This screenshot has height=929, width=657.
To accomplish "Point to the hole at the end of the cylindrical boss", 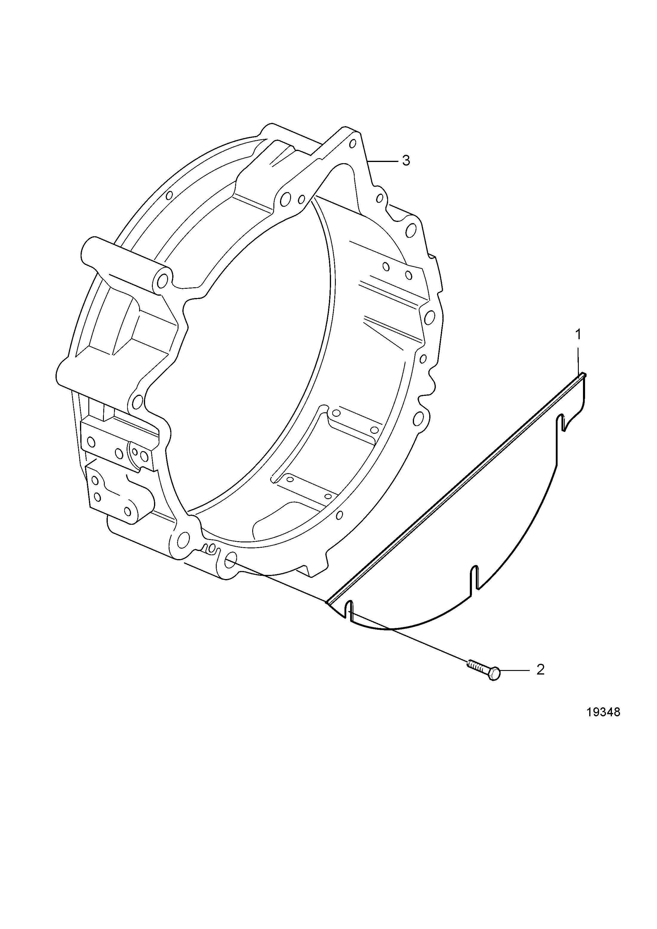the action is coord(163,280).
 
